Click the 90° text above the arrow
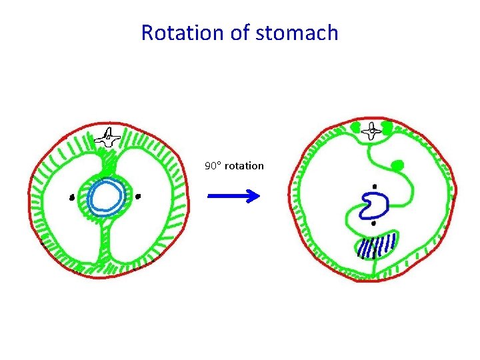point(213,165)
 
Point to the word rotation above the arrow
point(244,165)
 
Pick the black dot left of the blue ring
point(72,197)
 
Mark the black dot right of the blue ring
point(138,197)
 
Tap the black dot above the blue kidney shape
point(375,186)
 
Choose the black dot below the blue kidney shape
point(373,223)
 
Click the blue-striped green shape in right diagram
point(377,245)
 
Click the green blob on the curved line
point(398,164)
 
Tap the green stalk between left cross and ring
point(107,163)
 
